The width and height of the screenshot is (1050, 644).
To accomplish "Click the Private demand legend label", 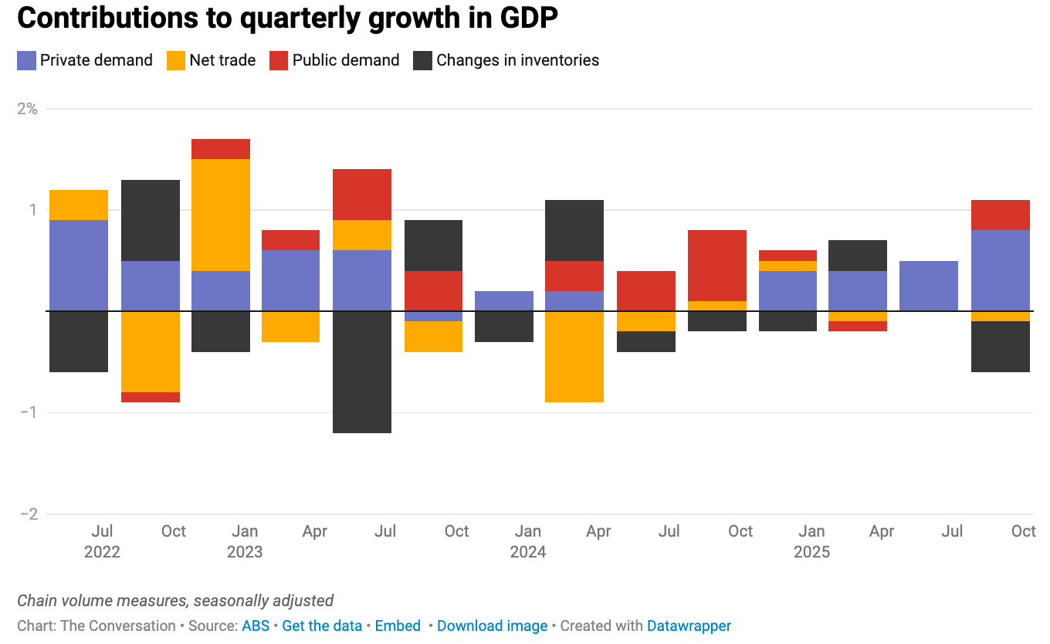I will coord(96,60).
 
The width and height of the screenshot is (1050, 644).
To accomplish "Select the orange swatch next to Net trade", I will coord(176,60).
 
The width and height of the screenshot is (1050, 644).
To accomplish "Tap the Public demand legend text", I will coord(345,60).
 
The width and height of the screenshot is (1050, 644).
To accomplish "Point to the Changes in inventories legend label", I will coord(517,60).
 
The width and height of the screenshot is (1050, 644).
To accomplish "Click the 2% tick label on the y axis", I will coord(28,108).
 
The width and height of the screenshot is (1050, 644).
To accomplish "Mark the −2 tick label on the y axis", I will coord(28,514).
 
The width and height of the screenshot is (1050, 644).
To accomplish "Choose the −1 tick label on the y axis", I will coord(28,412).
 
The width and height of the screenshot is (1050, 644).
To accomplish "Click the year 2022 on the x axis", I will coord(103,552).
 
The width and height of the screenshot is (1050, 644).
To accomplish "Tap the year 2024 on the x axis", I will coord(528,552).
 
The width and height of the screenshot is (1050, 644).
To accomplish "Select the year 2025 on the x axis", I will coord(811,552).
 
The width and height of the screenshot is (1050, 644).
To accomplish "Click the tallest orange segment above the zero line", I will coord(221,215).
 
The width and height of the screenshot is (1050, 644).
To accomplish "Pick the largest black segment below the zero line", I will coord(362,371).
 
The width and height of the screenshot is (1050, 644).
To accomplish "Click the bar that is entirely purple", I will coord(929,286).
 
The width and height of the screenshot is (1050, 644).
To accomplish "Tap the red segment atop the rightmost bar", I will coord(1000,215).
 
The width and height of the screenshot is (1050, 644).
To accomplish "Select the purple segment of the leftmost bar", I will coord(79,265).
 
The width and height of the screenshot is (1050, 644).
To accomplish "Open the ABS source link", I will coord(256,625).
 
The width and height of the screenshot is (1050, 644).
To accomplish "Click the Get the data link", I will coord(322,625).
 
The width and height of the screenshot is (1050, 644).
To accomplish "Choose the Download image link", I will coord(492,625).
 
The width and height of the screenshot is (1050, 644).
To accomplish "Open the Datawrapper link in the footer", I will coord(689,625).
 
